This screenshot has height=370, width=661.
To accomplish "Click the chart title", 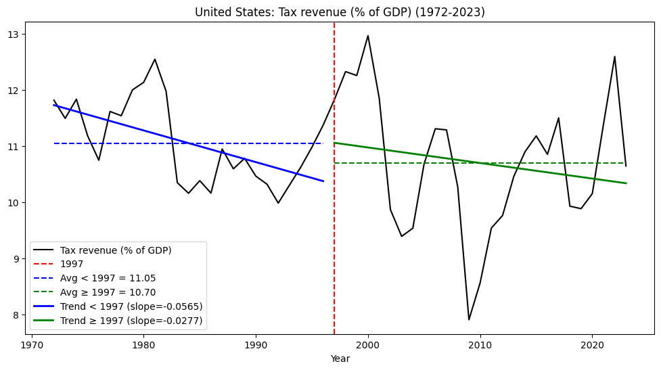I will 340,12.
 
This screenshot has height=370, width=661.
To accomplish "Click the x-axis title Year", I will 340,359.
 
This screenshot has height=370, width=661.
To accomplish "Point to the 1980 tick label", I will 143,345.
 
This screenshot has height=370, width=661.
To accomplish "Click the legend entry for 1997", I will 72,264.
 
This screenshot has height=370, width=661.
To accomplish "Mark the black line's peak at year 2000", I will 368,36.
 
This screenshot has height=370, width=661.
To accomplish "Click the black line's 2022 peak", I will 614,56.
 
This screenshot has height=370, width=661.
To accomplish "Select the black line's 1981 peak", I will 155,59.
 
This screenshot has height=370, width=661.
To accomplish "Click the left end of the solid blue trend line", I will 54,105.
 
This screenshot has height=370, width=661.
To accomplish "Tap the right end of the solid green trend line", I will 626,183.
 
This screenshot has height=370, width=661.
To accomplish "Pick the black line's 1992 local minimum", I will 278,203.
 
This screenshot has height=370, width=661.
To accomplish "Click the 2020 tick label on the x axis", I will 592,345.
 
